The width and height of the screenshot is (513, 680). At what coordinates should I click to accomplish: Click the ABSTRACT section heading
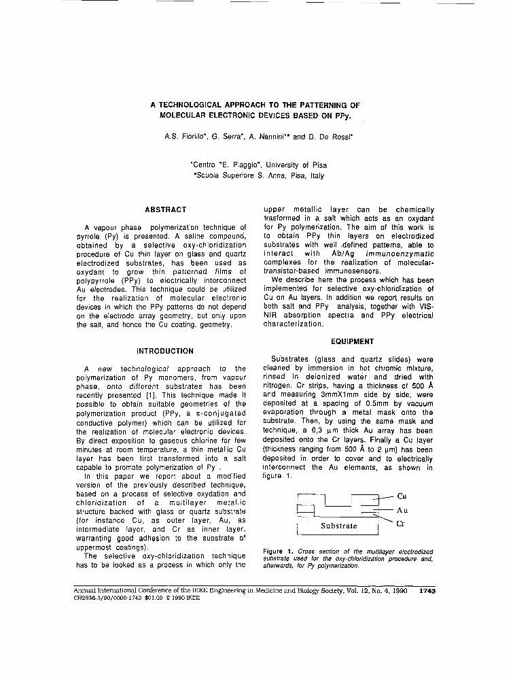click(x=165, y=209)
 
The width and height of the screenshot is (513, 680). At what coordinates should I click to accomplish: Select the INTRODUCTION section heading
click(x=165, y=351)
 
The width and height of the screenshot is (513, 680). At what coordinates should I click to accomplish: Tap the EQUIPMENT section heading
click(x=352, y=341)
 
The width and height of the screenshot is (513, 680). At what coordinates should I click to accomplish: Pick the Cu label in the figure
click(x=402, y=496)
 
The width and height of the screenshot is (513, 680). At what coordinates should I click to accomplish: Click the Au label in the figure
click(x=402, y=510)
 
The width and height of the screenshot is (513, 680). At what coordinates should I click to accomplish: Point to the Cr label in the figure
click(x=402, y=523)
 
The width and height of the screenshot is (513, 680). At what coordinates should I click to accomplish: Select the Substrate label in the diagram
click(x=338, y=526)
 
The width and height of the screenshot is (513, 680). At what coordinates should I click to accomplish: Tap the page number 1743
click(x=427, y=591)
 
